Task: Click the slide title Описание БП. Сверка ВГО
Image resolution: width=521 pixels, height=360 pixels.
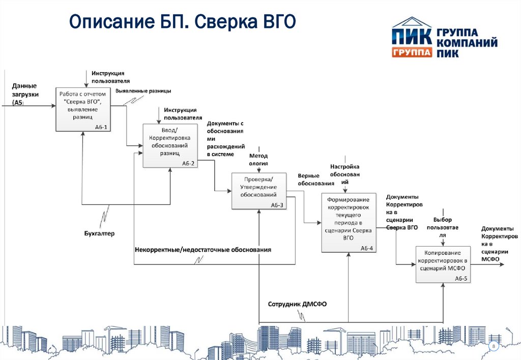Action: pos(182,22)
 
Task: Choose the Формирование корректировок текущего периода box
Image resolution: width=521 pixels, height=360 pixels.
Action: pos(348,222)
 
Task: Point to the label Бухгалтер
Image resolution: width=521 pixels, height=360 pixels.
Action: pos(100,233)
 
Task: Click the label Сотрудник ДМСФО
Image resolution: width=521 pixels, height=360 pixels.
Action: pos(297,304)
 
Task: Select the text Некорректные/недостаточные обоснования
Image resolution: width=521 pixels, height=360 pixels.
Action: pos(203,250)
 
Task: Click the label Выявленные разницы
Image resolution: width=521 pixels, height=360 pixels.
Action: pos(143,91)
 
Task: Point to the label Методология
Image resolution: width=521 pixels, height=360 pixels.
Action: pos(258,160)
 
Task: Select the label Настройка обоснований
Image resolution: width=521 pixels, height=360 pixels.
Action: pos(344,173)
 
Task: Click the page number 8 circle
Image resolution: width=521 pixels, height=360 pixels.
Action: pos(493,346)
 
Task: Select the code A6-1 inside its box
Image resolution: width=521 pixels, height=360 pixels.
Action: pos(102,127)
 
